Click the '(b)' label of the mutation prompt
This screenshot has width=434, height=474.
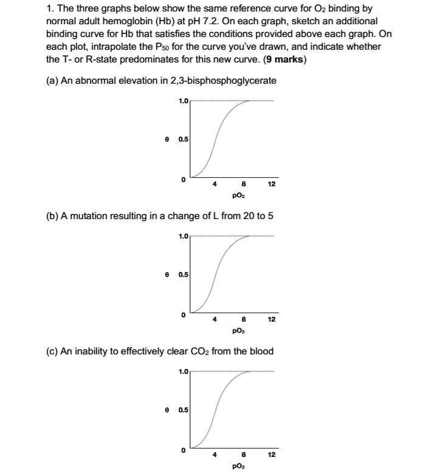[53, 217]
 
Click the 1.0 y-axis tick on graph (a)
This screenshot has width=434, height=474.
[183, 101]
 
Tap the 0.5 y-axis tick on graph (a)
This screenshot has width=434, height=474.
[183, 139]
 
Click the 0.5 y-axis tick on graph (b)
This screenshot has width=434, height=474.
[183, 274]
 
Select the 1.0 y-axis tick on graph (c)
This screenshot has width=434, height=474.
[183, 371]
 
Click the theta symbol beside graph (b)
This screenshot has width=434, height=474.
[166, 274]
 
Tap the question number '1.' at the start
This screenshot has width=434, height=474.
[50, 9]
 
